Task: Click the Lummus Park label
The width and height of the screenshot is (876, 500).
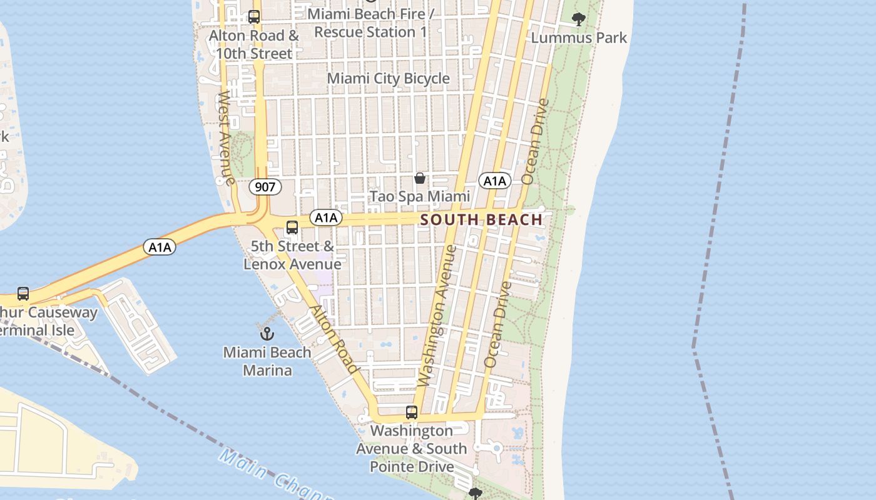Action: (579, 38)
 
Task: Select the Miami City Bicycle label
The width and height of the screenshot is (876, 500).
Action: (389, 78)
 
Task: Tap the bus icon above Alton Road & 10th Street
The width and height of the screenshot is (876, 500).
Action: (254, 17)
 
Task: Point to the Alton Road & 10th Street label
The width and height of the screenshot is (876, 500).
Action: (254, 44)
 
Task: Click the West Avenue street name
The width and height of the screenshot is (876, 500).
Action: (225, 138)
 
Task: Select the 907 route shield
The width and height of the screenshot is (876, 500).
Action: (265, 186)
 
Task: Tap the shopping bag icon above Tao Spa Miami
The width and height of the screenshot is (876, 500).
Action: (420, 178)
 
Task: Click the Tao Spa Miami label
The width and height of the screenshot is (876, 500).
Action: (420, 196)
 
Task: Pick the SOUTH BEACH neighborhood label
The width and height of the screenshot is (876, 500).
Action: (482, 219)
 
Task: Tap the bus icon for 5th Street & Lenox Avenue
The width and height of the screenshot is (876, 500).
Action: (292, 227)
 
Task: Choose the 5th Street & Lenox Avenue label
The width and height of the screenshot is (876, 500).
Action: (292, 255)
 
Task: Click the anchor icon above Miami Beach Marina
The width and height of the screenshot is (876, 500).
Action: (267, 333)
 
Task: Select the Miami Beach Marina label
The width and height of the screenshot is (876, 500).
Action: (267, 361)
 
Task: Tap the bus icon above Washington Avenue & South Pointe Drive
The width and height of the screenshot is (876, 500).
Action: (411, 412)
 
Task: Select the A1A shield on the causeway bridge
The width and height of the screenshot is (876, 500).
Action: (160, 247)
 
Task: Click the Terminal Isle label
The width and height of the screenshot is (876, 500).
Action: (38, 330)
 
